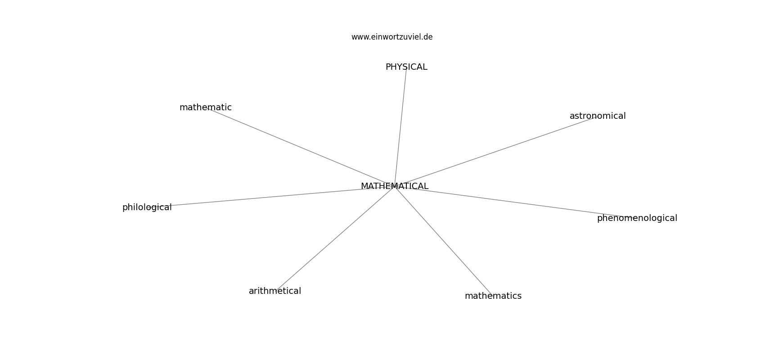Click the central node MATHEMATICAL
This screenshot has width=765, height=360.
tap(395, 186)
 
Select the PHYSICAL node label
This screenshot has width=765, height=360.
tap(406, 67)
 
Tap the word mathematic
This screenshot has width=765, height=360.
tap(206, 107)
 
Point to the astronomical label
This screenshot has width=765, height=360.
tap(598, 116)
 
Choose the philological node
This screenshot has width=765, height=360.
tap(147, 207)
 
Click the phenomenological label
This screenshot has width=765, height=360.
tap(637, 218)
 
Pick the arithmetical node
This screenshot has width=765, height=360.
tap(275, 291)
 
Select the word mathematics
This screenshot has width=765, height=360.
tap(493, 296)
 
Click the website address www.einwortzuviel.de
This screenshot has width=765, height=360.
tap(392, 37)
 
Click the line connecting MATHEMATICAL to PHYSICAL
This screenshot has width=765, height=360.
tap(400, 127)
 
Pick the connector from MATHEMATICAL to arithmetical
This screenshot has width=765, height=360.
tap(335, 239)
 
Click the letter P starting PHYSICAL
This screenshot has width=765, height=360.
tap(388, 67)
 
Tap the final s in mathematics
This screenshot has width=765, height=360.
tap(519, 296)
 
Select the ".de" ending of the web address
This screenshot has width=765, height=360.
tap(427, 37)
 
